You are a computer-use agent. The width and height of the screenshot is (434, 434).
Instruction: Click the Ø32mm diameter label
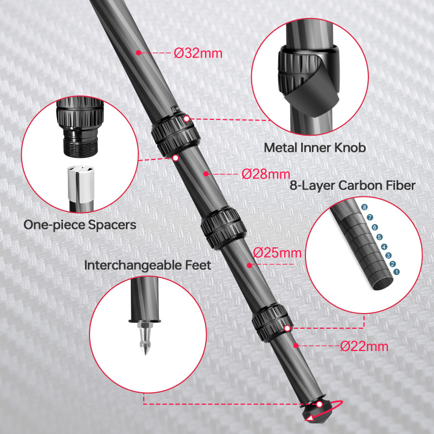pyautogui.click(x=198, y=53)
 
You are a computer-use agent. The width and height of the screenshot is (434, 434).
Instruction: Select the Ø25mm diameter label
pyautogui.click(x=277, y=253)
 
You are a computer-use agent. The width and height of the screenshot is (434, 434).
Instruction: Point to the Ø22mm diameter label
pyautogui.click(x=365, y=346)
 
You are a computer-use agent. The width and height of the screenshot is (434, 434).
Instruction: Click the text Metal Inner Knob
pyautogui.click(x=315, y=148)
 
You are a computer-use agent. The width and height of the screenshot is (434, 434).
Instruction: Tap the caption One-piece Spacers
pyautogui.click(x=80, y=225)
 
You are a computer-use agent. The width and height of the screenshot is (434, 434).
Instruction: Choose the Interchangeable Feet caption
pyautogui.click(x=148, y=265)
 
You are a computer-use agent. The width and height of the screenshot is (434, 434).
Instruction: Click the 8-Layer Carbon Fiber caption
pyautogui.click(x=353, y=186)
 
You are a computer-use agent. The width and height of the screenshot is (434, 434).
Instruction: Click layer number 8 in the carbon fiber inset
pyautogui.click(x=365, y=208)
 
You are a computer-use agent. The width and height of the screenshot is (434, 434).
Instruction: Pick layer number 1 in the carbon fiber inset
pyautogui.click(x=396, y=271)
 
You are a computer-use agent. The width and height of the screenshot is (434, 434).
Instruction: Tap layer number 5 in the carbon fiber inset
pyautogui.click(x=379, y=237)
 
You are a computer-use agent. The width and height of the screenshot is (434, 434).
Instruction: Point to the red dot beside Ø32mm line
pyautogui.click(x=139, y=53)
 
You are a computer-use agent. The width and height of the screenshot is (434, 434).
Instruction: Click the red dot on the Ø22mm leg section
pyautogui.click(x=296, y=345)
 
